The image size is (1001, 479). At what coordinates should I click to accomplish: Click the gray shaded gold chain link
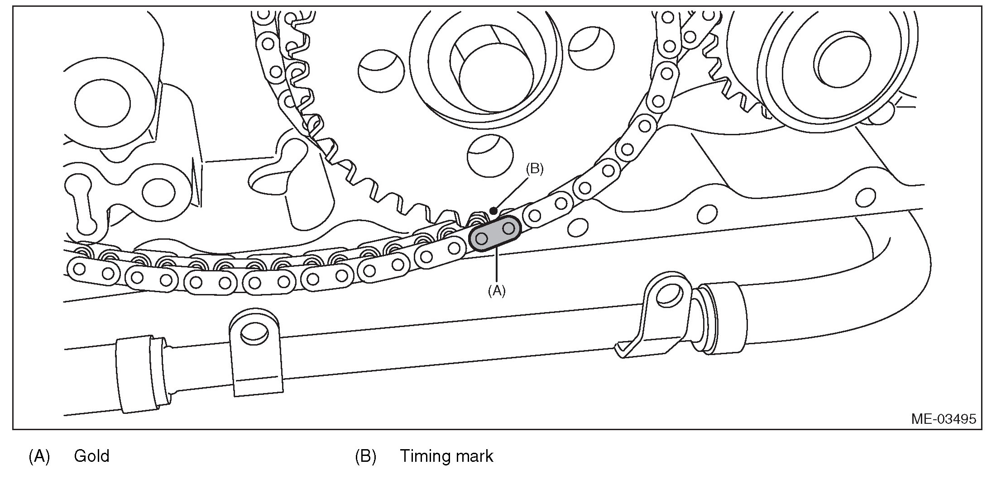[495, 233]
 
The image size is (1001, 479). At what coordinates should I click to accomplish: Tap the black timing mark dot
[494, 211]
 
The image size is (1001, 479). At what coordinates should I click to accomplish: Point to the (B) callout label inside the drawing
[534, 169]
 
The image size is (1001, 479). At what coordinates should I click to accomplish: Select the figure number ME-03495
[944, 419]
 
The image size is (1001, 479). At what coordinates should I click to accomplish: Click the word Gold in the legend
[91, 456]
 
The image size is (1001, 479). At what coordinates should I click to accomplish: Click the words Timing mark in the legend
[446, 456]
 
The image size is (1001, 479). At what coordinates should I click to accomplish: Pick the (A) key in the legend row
[39, 456]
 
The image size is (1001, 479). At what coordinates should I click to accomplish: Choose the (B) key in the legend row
[365, 456]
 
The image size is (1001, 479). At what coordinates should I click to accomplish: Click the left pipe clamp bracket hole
[254, 333]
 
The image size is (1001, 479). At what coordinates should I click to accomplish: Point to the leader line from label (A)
[497, 267]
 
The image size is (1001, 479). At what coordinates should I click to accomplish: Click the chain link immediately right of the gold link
[548, 209]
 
